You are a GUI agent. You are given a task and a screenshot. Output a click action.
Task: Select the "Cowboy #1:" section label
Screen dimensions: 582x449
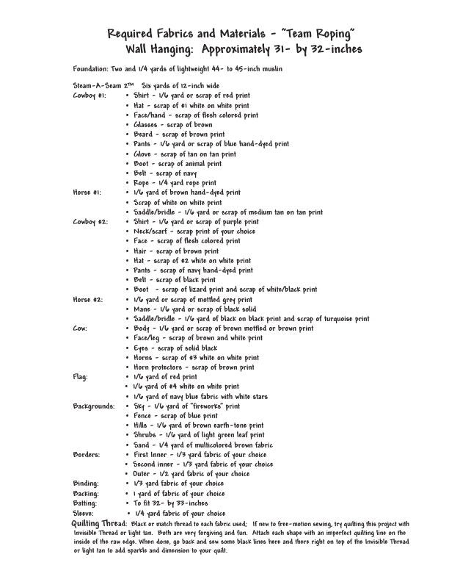pyautogui.click(x=90, y=96)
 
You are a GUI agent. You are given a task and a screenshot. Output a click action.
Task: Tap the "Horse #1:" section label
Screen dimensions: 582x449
pyautogui.click(x=87, y=193)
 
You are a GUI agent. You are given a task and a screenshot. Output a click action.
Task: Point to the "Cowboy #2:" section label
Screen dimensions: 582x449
pyautogui.click(x=90, y=221)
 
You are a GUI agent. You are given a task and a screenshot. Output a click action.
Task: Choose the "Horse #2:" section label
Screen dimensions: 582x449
pyautogui.click(x=88, y=299)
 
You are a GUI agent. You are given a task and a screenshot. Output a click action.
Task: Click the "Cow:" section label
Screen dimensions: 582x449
pyautogui.click(x=80, y=328)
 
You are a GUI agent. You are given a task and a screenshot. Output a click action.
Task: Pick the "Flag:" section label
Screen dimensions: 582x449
pyautogui.click(x=81, y=376)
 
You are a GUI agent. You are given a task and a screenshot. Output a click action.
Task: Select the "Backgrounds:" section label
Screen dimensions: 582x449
pyautogui.click(x=94, y=405)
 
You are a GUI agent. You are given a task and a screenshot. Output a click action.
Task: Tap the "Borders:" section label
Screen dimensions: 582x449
pyautogui.click(x=87, y=454)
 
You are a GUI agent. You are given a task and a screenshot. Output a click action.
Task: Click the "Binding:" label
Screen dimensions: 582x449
pyautogui.click(x=86, y=483)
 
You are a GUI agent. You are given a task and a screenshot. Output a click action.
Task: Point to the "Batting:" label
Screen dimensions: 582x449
pyautogui.click(x=86, y=503)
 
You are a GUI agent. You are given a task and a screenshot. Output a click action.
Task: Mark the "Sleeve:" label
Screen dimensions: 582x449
pyautogui.click(x=84, y=512)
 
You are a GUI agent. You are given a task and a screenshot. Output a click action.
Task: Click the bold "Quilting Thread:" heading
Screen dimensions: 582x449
pyautogui.click(x=98, y=522)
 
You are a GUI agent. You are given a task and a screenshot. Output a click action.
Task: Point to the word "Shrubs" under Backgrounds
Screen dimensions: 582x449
pyautogui.click(x=146, y=434)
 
